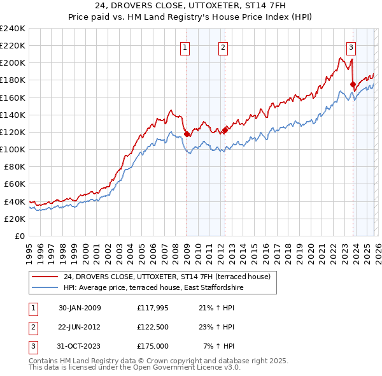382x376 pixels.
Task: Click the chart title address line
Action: pos(191,6)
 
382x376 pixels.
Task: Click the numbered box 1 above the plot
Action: pos(185,47)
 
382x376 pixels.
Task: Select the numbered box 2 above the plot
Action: pos(223,47)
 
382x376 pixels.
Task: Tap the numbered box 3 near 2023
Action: pos(351,47)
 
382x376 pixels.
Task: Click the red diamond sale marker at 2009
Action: pos(187,134)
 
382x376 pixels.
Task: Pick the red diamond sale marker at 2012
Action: pos(225,130)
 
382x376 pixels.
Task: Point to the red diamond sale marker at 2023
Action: pos(353,84)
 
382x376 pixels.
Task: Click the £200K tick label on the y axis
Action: pos(13,63)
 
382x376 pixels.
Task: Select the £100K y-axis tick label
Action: pos(13,149)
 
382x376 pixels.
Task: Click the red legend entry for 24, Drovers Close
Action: pos(167,277)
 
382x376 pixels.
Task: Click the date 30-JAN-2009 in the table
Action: pos(80,308)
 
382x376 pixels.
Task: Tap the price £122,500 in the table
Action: pos(152,327)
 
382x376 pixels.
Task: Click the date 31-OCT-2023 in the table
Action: pos(80,346)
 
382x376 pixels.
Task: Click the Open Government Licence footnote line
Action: pos(135,368)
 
